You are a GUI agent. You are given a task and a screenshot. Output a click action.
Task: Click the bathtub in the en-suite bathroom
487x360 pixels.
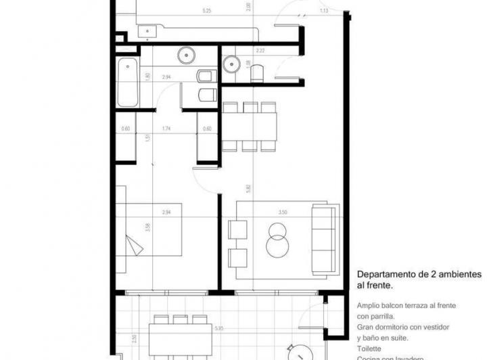click(x=127, y=83)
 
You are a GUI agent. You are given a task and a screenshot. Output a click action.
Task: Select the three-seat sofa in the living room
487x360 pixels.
click(x=323, y=239)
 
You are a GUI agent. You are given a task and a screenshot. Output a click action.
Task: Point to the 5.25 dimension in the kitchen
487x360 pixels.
click(x=207, y=11)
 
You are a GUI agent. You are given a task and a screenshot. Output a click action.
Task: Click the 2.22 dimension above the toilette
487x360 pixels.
click(x=260, y=51)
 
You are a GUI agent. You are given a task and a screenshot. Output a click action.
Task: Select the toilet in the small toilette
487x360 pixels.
click(x=257, y=74)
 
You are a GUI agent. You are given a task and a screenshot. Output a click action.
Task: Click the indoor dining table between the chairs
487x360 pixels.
click(x=250, y=126)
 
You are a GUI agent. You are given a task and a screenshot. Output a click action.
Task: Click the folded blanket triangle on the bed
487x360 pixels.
click(x=136, y=244)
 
